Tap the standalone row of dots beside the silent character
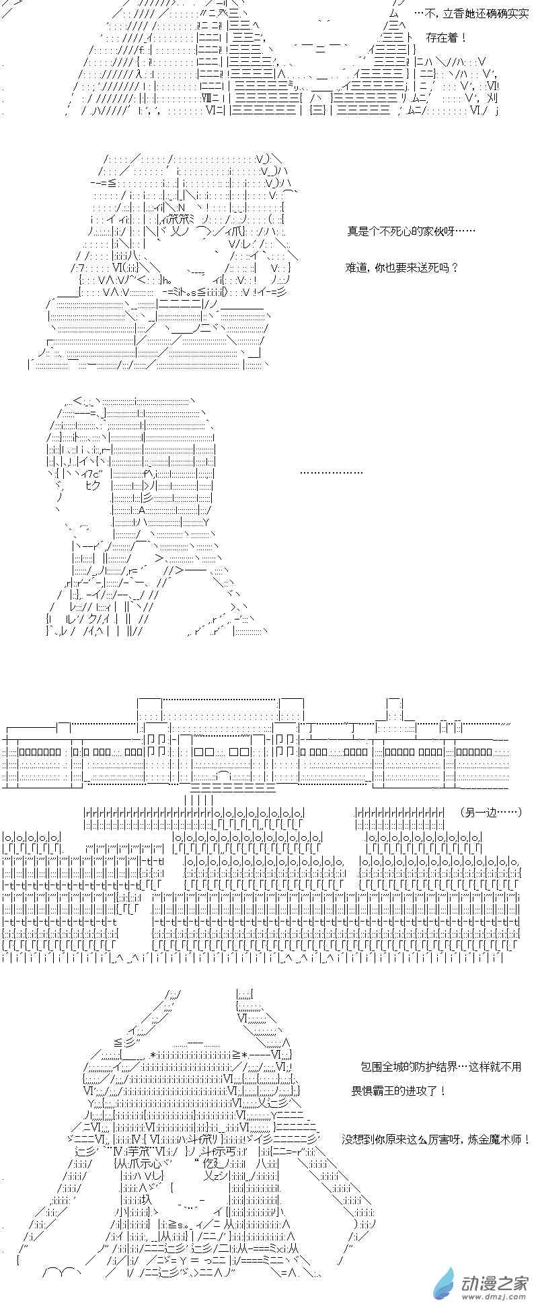[332, 473]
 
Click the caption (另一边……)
[492, 813]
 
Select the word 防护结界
[436, 1067]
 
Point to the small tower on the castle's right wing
[395, 710]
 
